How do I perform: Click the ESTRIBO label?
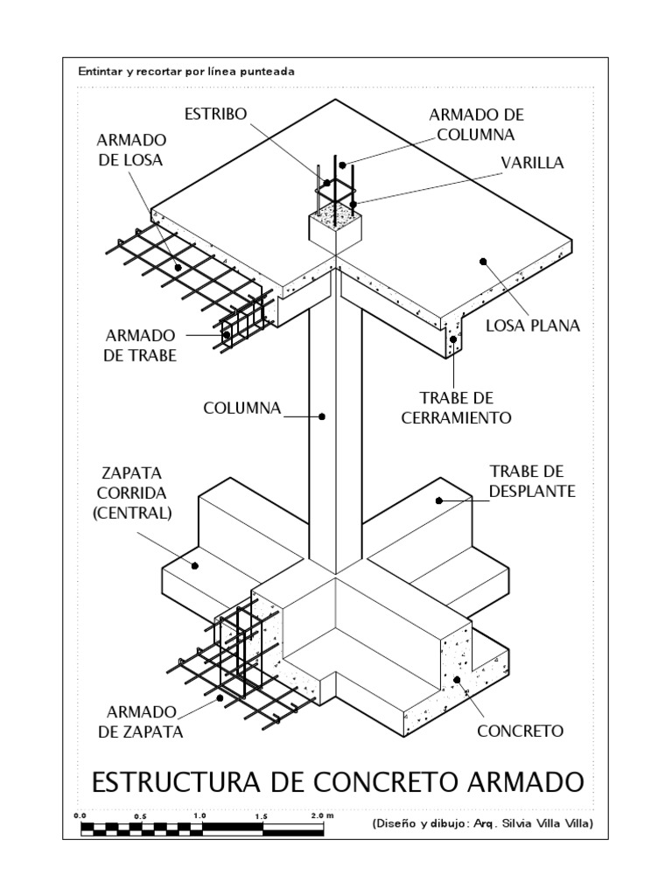point(216,115)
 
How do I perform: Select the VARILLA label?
point(533,163)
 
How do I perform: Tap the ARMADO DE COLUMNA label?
point(476,125)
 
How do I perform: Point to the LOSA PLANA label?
point(533,326)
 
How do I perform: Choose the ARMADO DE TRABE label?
point(141,346)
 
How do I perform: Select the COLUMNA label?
point(241,408)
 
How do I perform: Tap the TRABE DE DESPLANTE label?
point(527,481)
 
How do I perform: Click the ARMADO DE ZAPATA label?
point(145,722)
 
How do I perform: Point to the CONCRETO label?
point(520,731)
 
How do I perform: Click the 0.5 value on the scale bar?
point(140,815)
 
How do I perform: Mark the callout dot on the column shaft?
point(322,417)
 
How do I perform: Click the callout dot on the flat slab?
point(481,259)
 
